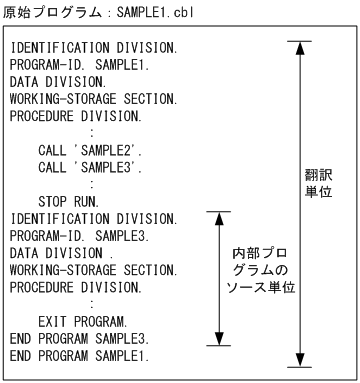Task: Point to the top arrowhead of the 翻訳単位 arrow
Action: pyautogui.click(x=299, y=47)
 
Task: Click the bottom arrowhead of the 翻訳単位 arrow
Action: pyautogui.click(x=299, y=362)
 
